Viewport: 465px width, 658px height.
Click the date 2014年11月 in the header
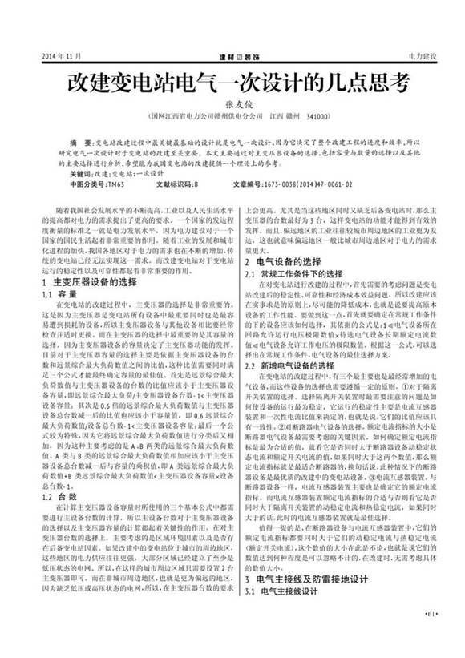pyautogui.click(x=44, y=58)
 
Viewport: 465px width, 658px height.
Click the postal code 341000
pyautogui.click(x=319, y=116)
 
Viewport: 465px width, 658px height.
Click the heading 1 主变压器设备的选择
pyautogui.click(x=87, y=283)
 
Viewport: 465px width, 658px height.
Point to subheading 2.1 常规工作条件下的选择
pyautogui.click(x=289, y=273)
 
